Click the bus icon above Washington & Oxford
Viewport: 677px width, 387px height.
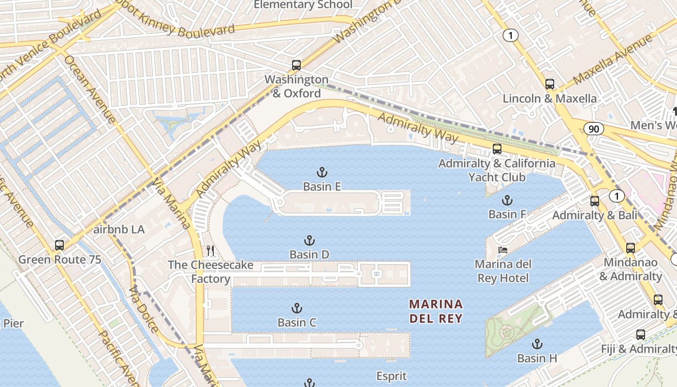coord(296,65)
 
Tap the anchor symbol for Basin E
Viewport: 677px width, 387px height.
coord(322,172)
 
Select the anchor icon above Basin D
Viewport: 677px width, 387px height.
coord(309,240)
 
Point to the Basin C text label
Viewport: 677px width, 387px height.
coord(297,322)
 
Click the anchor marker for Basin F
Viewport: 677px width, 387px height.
coord(507,200)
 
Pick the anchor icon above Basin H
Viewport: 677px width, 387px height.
coord(537,344)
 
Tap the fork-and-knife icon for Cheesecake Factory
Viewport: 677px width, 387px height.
coord(210,251)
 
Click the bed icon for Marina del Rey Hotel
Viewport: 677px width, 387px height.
coord(503,250)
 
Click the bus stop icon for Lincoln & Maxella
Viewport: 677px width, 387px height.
coord(550,84)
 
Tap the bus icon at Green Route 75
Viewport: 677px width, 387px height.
coord(59,245)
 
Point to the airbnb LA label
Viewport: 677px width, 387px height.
coord(119,229)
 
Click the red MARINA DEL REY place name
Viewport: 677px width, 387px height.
coord(436,311)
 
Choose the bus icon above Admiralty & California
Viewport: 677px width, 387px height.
coord(497,149)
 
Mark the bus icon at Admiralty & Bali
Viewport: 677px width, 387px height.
coord(595,201)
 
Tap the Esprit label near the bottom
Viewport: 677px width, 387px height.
coord(392,376)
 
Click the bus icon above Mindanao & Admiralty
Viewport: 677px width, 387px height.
coord(631,248)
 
